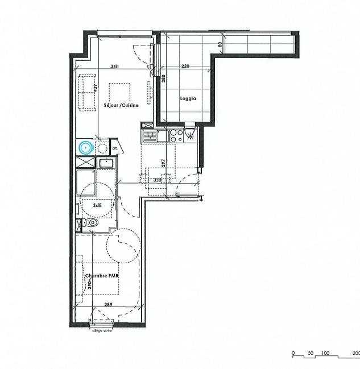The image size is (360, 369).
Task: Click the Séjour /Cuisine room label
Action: (121, 105)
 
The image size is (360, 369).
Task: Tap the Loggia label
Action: (189, 98)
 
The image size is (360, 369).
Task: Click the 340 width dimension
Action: (114, 67)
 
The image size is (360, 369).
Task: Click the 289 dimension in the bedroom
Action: (107, 305)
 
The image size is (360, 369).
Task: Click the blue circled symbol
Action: (86, 148)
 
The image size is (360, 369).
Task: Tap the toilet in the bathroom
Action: (93, 223)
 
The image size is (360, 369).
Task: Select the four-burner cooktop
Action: (177, 135)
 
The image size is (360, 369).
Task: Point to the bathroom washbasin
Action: (106, 164)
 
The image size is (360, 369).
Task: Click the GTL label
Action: (114, 148)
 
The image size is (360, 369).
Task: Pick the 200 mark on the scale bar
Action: (355, 354)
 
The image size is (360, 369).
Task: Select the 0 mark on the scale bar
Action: (293, 354)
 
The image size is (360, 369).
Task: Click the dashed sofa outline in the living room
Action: (86, 92)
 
